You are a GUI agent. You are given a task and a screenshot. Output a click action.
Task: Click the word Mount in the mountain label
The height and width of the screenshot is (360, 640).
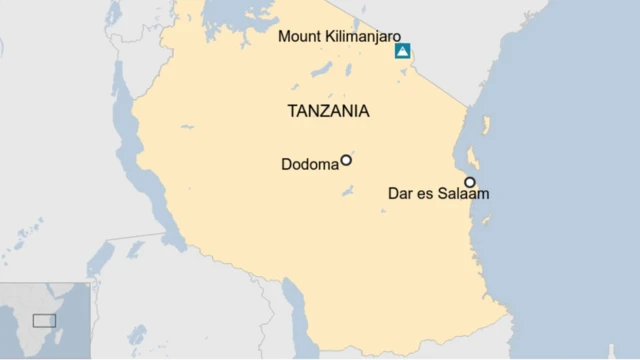coord(300,37)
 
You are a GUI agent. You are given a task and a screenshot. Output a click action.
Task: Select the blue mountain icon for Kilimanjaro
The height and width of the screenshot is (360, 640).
coord(402,51)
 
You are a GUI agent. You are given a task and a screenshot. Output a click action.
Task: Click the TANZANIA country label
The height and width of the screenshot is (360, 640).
coord(328,111)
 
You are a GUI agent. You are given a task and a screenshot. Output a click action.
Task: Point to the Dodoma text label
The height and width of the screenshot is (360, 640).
coord(309,164)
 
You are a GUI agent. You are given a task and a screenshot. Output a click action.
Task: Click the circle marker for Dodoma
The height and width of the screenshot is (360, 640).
coord(346,160)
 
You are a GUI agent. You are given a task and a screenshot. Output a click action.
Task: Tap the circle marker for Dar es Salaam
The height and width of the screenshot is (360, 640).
coord(469,182)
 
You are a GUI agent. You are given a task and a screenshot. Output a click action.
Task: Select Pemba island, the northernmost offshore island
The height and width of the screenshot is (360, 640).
coord(487,126)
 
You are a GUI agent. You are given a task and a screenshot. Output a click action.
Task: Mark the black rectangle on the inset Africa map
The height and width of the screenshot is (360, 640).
coord(44,320)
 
